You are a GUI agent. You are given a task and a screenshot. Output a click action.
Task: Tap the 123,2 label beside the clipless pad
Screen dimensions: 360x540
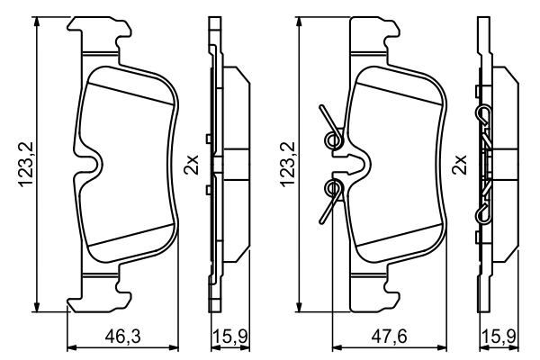pyautogui.click(x=26, y=165)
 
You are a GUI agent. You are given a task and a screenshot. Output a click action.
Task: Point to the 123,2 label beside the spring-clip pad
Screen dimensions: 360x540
pyautogui.click(x=287, y=165)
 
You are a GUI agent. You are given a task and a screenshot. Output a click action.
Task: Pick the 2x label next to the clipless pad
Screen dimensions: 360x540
pyautogui.click(x=191, y=165)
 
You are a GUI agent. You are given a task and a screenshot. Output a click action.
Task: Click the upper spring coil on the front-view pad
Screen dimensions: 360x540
pyautogui.click(x=333, y=138)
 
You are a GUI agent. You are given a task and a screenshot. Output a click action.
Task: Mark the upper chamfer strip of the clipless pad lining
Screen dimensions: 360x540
pyautogui.click(x=126, y=83)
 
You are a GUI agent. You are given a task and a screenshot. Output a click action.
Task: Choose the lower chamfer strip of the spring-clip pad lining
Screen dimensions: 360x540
pyautogui.click(x=396, y=247)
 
